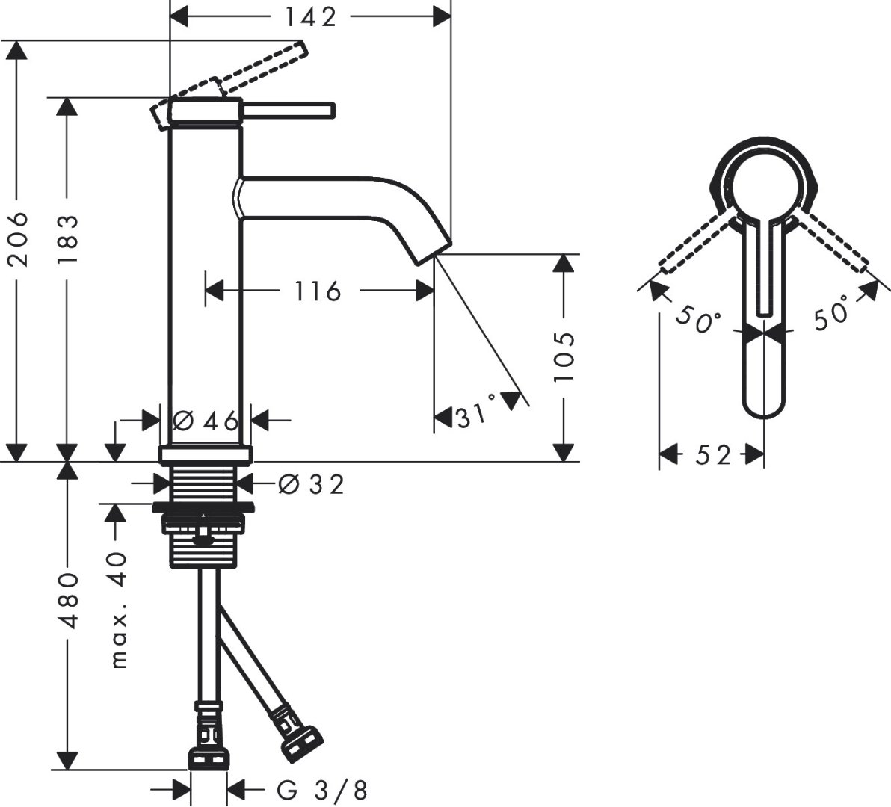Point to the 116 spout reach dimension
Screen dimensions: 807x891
pos(317,290)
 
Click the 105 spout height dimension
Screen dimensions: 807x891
pos(564,356)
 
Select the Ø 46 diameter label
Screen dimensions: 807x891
pos(206,421)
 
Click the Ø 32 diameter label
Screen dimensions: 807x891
pos(311,485)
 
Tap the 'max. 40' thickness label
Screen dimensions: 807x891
pos(117,610)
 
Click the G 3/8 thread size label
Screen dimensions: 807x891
pos(321,789)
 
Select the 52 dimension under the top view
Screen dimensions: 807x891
pos(712,454)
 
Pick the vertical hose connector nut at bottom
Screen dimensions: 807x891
pos(209,756)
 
